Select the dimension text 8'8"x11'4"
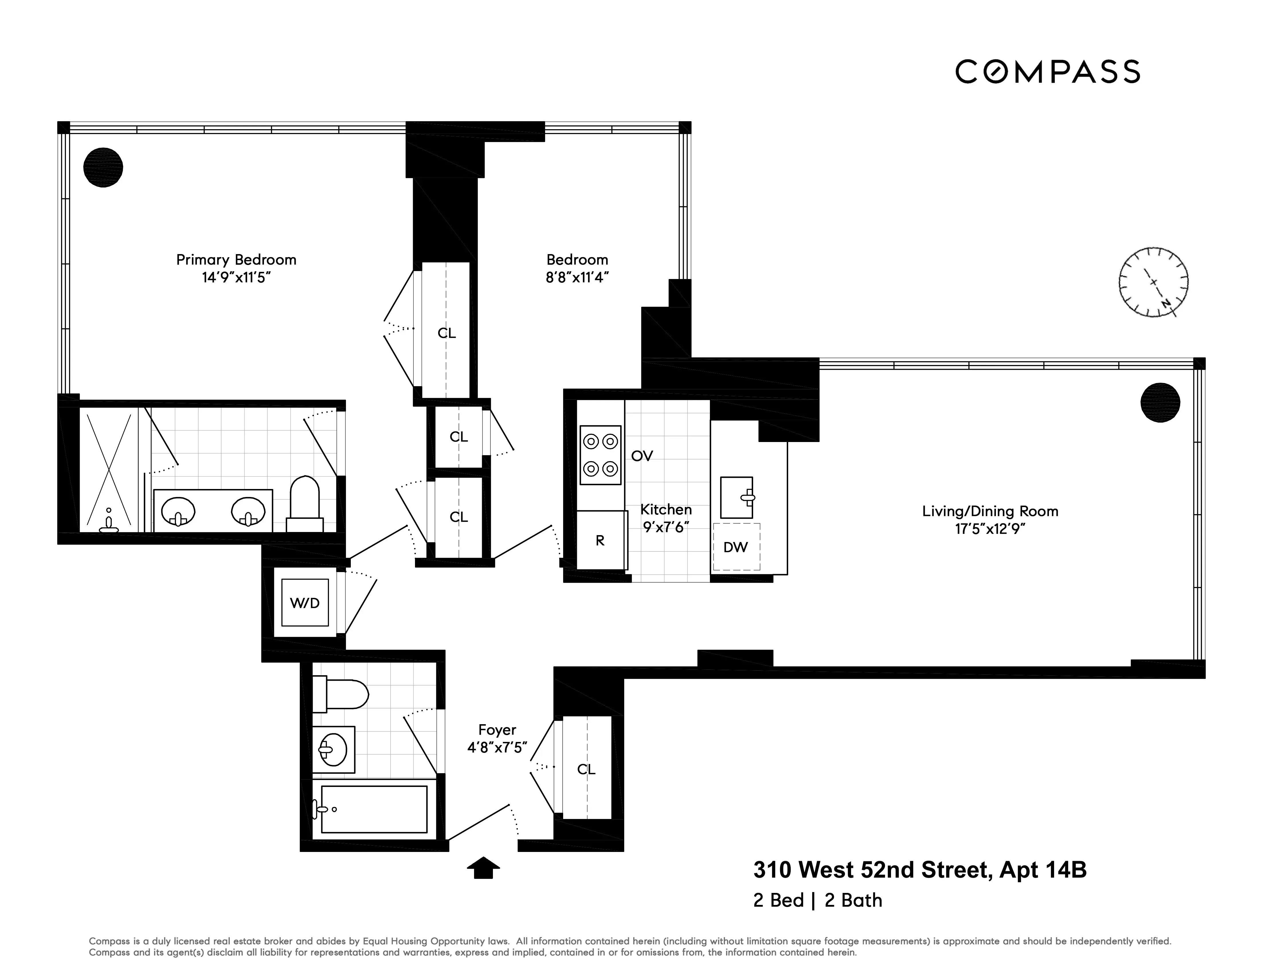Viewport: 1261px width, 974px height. point(577,278)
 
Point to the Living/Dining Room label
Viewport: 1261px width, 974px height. point(990,511)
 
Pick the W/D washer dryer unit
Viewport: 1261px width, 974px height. point(305,603)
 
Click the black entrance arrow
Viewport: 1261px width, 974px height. point(483,867)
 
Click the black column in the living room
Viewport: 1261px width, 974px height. point(1160,402)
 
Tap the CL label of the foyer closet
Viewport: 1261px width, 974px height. point(586,769)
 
